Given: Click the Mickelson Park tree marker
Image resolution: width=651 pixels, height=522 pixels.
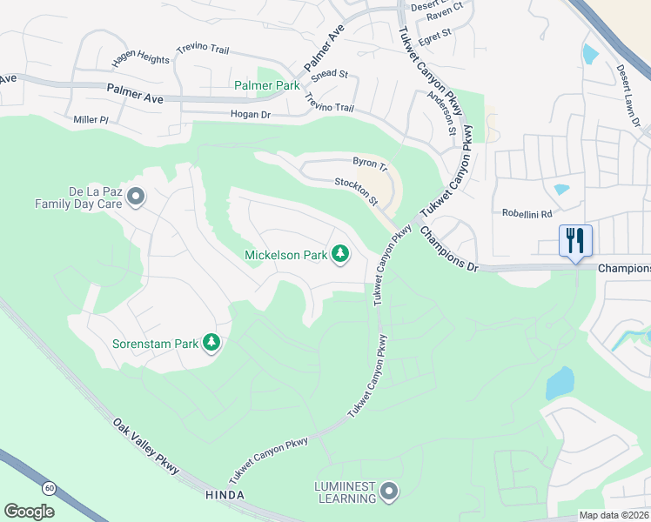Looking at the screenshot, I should coord(342,254).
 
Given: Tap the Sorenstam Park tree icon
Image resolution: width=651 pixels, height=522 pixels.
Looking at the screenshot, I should coord(211,343).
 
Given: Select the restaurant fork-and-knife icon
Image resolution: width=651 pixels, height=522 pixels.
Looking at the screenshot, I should coord(575,240).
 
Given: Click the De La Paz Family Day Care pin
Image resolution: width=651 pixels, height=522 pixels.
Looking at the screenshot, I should coord(135,197).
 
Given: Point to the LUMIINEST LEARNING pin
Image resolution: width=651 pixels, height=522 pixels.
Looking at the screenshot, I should coord(389,492).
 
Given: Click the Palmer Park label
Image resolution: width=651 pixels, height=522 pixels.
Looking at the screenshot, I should coord(266,85).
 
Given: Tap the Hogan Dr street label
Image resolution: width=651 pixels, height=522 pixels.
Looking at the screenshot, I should coord(251,114).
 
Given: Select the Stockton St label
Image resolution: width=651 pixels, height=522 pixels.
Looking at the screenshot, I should coord(356,192).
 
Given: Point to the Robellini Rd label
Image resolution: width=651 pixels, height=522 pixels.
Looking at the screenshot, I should coord(527,213).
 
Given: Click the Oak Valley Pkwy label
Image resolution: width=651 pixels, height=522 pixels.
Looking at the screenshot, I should coord(145,446).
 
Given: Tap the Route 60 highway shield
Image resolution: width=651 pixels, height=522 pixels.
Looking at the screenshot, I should coord(50,489).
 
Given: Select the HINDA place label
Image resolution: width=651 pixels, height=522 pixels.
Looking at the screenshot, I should coord(225,495).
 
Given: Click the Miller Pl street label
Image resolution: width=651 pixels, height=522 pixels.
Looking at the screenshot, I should coord(91,119).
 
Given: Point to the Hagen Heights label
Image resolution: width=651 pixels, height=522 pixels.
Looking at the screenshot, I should coord(141,60).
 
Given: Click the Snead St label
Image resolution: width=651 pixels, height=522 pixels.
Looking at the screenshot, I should coord(330,75).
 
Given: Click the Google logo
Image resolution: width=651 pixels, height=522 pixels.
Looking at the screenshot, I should coord(29,511).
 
